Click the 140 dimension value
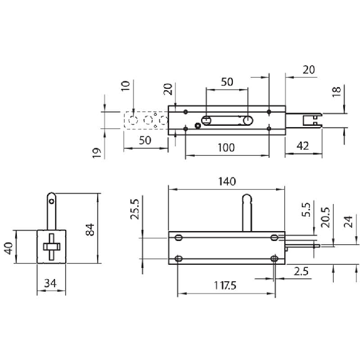227,182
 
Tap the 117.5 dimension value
225,285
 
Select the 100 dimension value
226,148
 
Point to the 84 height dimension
90,230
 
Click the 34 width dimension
50,284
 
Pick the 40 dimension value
9,248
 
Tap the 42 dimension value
303,146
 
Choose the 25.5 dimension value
135,209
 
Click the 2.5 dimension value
301,272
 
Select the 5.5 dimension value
306,210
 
